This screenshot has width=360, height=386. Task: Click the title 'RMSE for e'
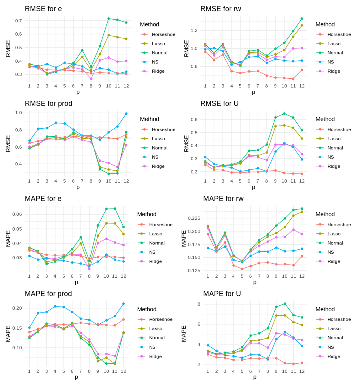pyautogui.click(x=43, y=9)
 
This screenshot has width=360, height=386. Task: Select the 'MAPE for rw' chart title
pyautogui.click(x=223, y=199)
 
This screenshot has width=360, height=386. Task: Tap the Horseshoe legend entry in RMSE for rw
pyautogui.click(x=339, y=34)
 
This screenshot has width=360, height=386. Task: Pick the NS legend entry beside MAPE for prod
pyautogui.click(x=152, y=347)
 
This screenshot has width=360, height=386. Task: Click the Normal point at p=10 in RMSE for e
pyautogui.click(x=108, y=18)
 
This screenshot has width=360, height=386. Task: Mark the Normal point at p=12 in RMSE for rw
pyautogui.click(x=302, y=18)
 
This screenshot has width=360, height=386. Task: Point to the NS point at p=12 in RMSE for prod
pyautogui.click(x=126, y=113)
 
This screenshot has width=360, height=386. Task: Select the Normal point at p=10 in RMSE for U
pyautogui.click(x=284, y=113)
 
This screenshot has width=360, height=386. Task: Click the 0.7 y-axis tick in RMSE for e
pyautogui.click(x=18, y=21)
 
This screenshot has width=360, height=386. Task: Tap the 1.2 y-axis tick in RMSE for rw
pyautogui.click(x=194, y=30)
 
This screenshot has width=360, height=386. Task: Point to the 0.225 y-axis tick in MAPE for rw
pyautogui.click(x=194, y=218)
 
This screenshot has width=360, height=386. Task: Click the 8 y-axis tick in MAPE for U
pyautogui.click(x=199, y=304)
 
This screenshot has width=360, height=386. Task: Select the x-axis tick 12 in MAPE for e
pyautogui.click(x=123, y=276)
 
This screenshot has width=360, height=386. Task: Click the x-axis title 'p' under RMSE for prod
pyautogui.click(x=78, y=187)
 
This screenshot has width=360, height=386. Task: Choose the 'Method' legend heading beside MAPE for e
pyautogui.click(x=147, y=214)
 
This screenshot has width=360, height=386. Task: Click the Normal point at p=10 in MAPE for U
pyautogui.click(x=284, y=304)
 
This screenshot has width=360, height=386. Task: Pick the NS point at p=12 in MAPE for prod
pyautogui.click(x=123, y=304)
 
